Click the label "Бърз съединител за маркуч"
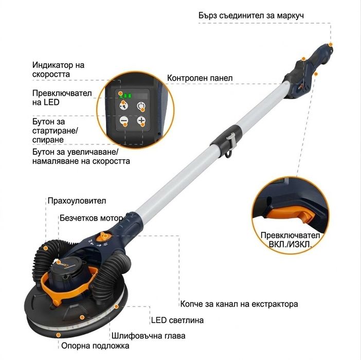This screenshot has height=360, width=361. [x=251, y=15]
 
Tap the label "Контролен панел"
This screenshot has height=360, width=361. [x=200, y=78]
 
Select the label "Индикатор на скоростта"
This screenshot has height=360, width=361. [x=58, y=70]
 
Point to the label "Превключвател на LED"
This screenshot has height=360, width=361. [x=62, y=98]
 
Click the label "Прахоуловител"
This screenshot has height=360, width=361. [x=77, y=201]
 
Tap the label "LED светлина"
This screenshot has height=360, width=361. [x=177, y=320]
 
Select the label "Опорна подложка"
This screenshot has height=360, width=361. [x=95, y=346]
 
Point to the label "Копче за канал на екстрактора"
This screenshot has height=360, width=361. [x=239, y=304]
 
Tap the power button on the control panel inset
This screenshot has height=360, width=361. [x=141, y=106]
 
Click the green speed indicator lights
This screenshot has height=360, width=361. [x=126, y=96]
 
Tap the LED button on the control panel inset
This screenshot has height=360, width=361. [x=124, y=106]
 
